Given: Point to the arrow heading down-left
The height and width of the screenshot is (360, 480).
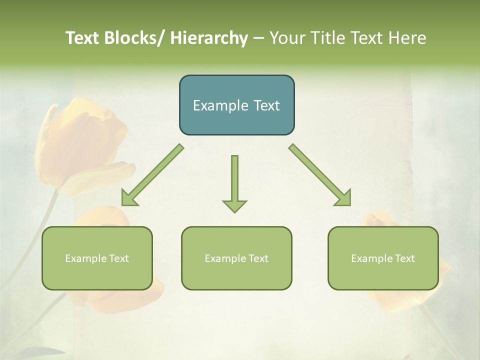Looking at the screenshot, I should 152,175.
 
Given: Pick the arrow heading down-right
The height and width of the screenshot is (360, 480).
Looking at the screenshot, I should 319,174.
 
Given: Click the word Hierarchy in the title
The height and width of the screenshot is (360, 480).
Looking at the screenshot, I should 209,38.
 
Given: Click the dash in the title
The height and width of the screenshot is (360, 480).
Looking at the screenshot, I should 258,38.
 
